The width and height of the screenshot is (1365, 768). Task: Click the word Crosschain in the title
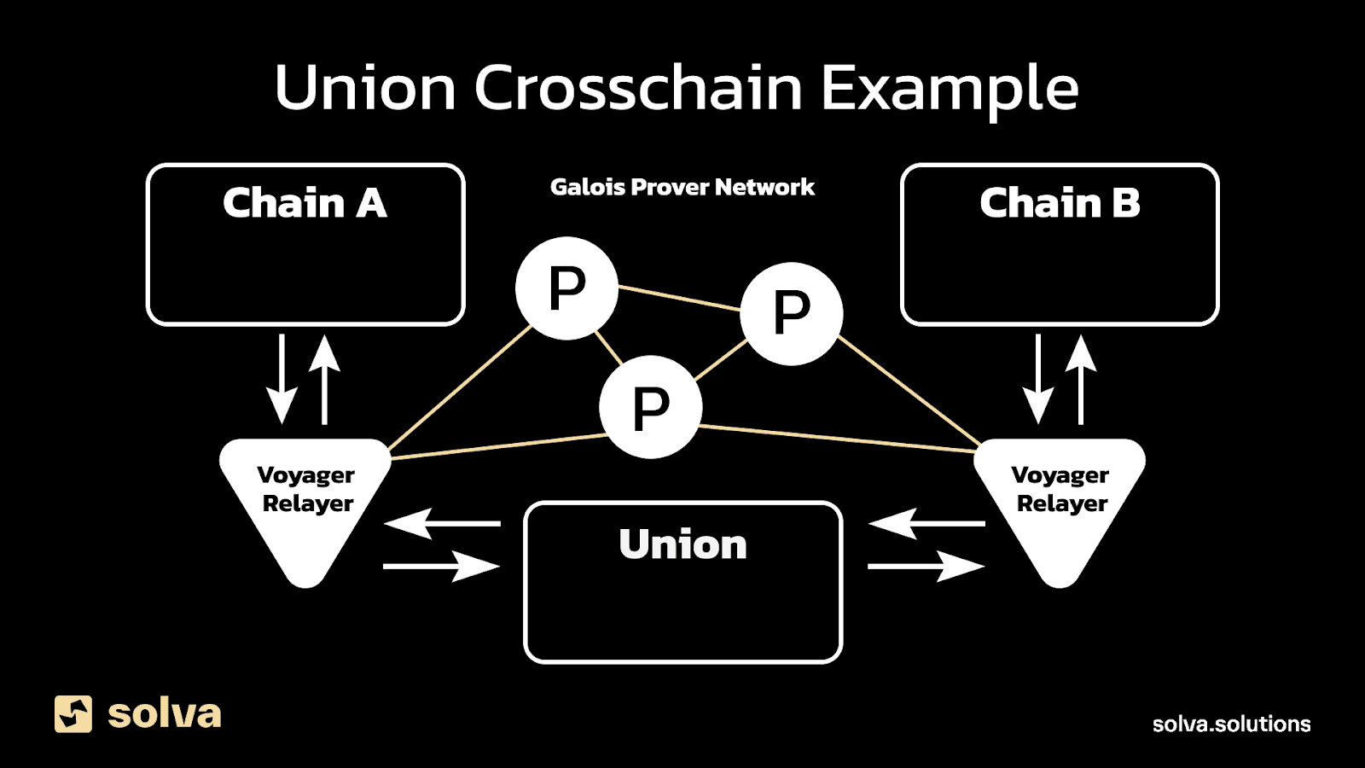point(638,89)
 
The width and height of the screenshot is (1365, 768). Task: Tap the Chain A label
point(305,204)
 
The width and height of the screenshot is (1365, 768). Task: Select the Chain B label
point(1060,204)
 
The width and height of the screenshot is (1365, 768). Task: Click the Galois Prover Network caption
point(682,188)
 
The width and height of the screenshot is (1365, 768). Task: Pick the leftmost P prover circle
point(566,288)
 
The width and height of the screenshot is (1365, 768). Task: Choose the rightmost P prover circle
point(791,313)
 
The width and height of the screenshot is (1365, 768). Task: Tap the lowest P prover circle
point(650,408)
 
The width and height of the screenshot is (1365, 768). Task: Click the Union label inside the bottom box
point(682,544)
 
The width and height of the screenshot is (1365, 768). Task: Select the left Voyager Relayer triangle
point(305,503)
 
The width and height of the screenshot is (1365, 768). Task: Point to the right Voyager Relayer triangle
point(1060,503)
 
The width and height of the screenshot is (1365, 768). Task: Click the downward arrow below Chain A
point(282,379)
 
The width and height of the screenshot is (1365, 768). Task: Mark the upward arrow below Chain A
point(324,379)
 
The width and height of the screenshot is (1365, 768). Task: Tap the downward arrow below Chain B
point(1037,379)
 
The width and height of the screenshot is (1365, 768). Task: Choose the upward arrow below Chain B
point(1081,379)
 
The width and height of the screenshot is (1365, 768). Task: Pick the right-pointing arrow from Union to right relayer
point(926,566)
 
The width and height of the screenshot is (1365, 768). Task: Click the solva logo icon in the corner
point(73,713)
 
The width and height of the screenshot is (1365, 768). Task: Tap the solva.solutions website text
point(1231,724)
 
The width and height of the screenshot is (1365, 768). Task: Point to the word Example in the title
point(949,89)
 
